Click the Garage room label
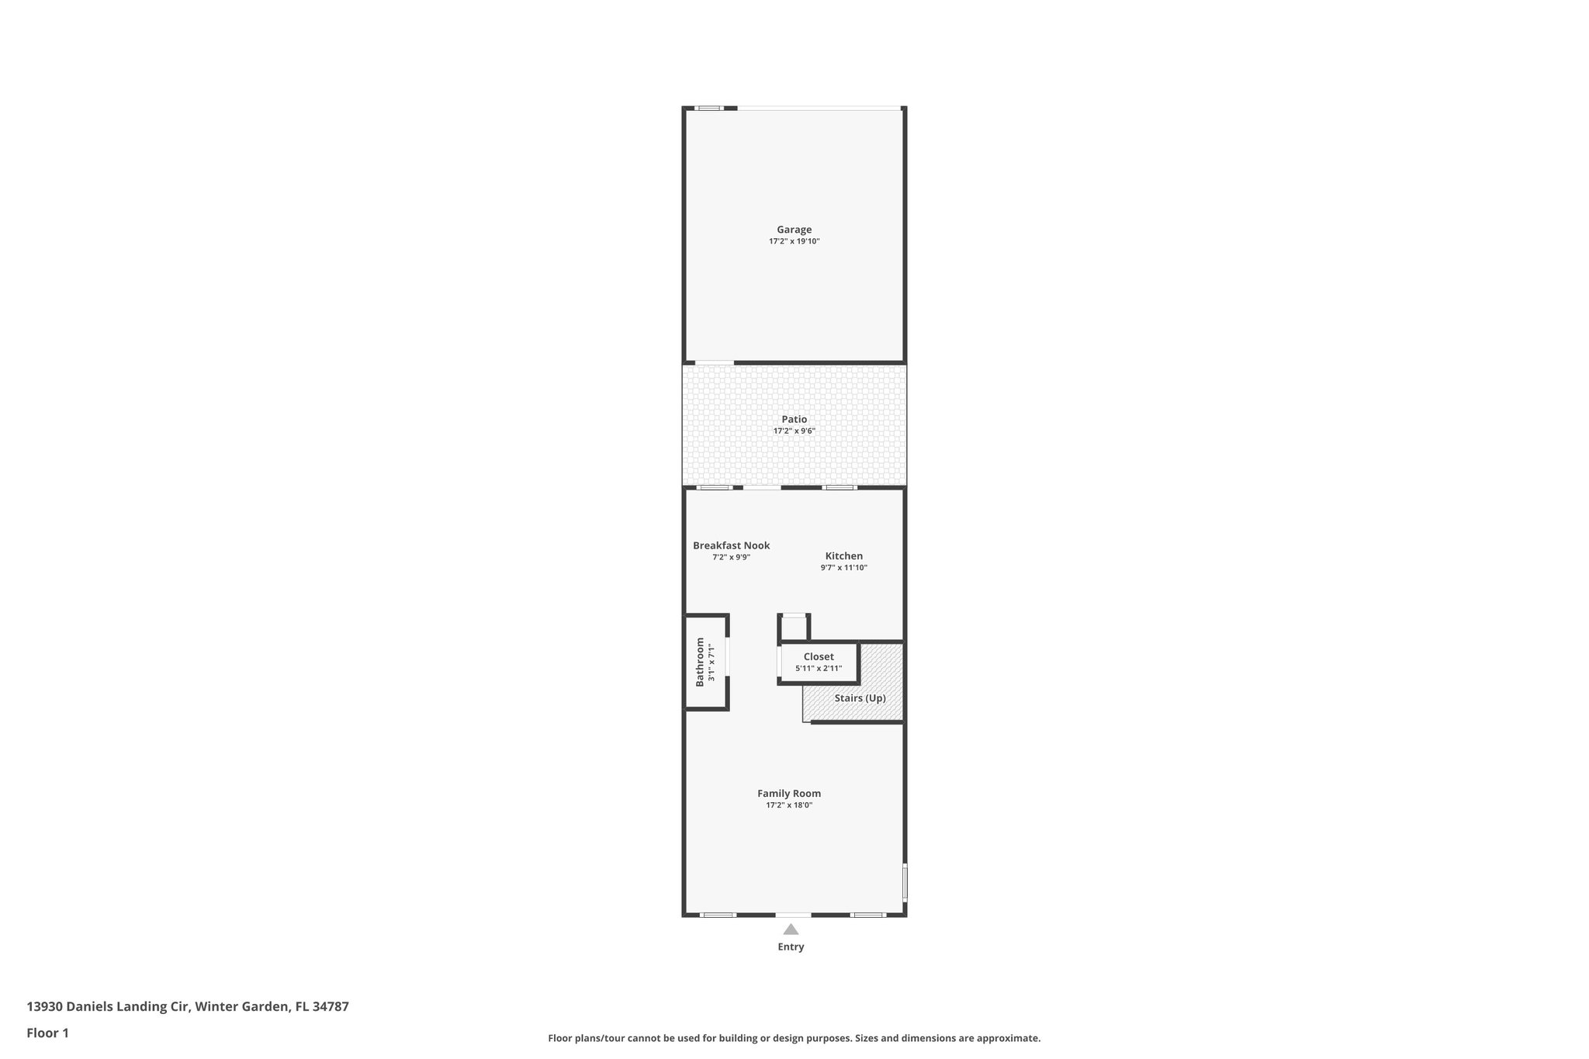pyautogui.click(x=794, y=230)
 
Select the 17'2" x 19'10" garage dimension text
pyautogui.click(x=794, y=241)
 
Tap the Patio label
pyautogui.click(x=794, y=419)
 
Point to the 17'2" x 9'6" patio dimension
pyautogui.click(x=794, y=431)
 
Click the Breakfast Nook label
pyautogui.click(x=731, y=545)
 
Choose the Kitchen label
pyautogui.click(x=843, y=556)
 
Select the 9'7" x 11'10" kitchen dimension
pyautogui.click(x=843, y=568)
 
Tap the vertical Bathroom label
pyautogui.click(x=700, y=662)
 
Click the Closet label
pyautogui.click(x=819, y=657)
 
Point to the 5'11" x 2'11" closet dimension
pyautogui.click(x=819, y=668)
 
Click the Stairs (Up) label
pyautogui.click(x=860, y=698)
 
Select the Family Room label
pyautogui.click(x=789, y=794)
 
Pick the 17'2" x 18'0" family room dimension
pyautogui.click(x=789, y=805)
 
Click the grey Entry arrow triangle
pyautogui.click(x=791, y=929)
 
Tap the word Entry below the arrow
pyautogui.click(x=791, y=947)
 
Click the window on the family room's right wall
pyautogui.click(x=905, y=882)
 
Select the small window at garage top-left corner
pyautogui.click(x=708, y=108)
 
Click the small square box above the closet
pyautogui.click(x=794, y=627)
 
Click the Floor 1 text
pyautogui.click(x=47, y=1033)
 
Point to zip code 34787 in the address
pyautogui.click(x=329, y=1007)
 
